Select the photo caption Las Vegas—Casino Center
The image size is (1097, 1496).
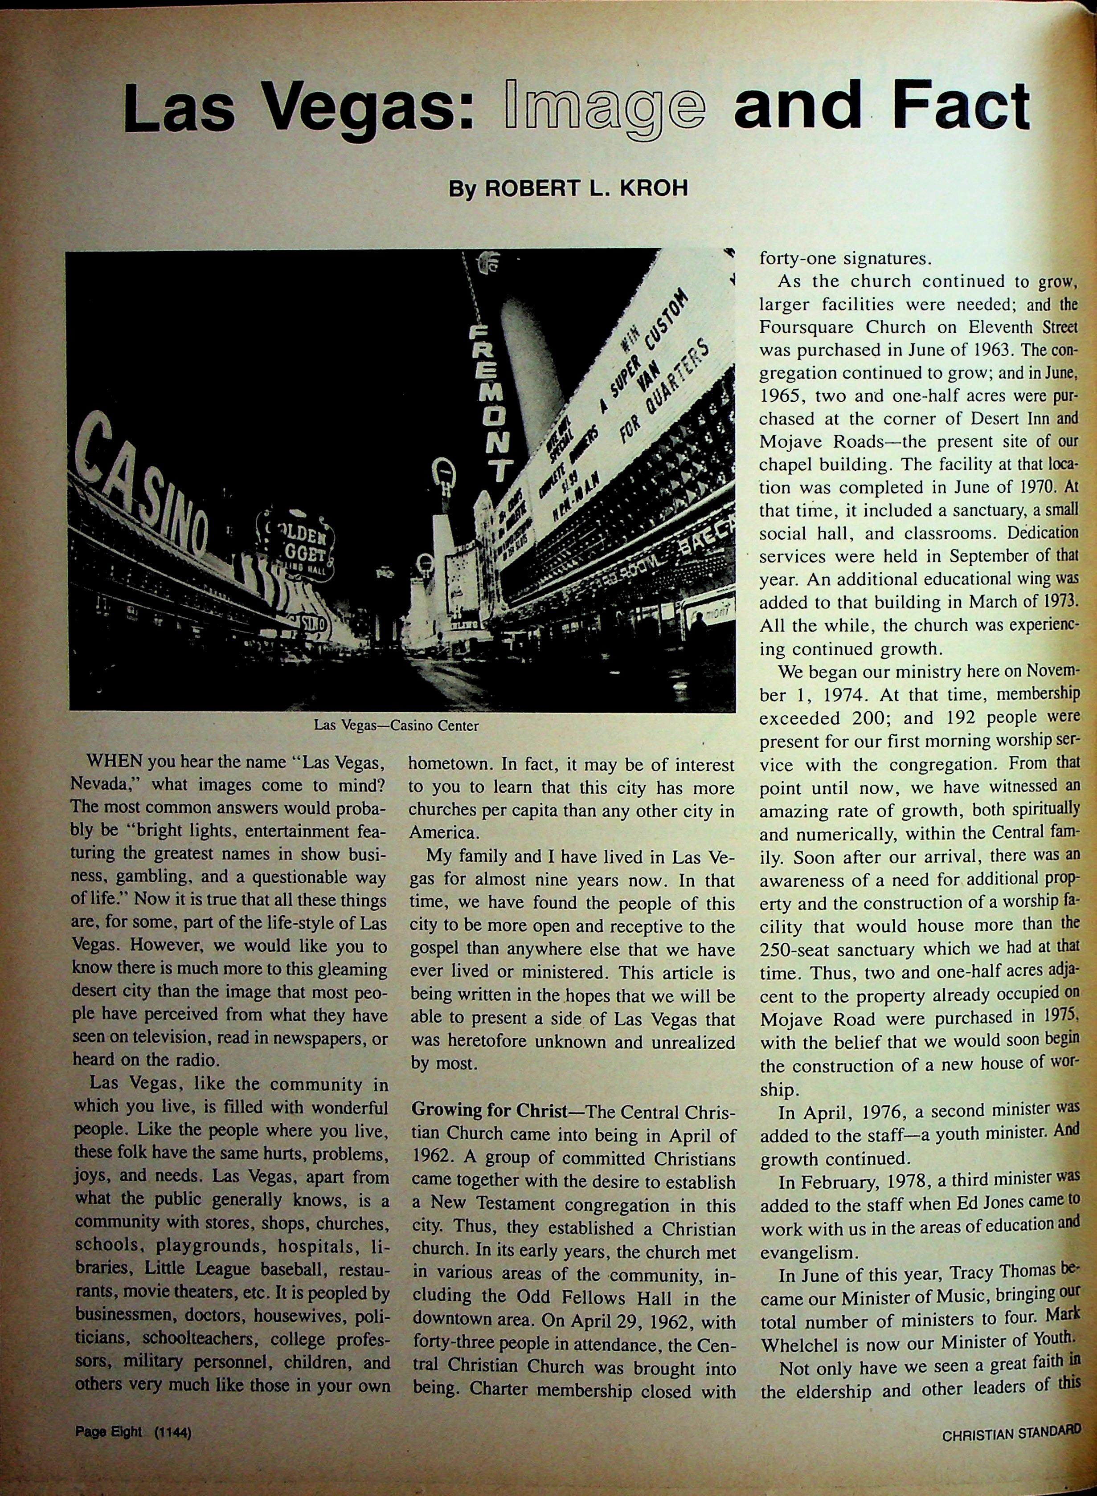click(x=397, y=726)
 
